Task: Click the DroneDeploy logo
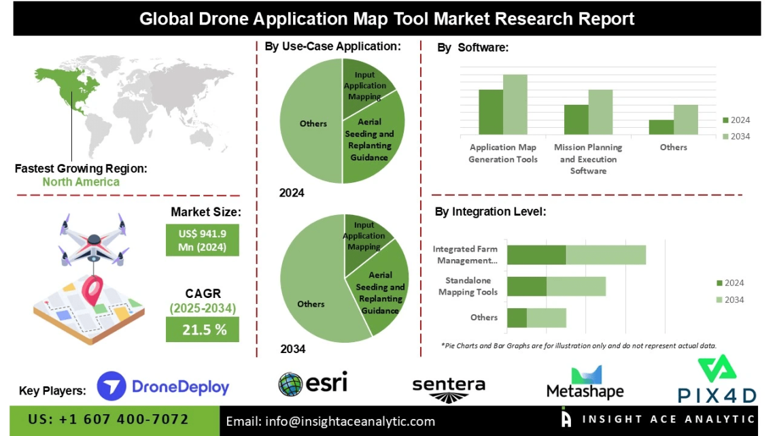[163, 387]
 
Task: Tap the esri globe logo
[313, 384]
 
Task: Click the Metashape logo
[585, 383]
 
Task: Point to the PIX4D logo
[716, 381]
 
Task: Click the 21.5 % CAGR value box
[203, 330]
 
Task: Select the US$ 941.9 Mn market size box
[203, 240]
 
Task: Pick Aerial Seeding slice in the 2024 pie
[373, 139]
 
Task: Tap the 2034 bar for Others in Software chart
[685, 120]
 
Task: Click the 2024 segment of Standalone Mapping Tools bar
[527, 286]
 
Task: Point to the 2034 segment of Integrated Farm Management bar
[605, 255]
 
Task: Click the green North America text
[80, 182]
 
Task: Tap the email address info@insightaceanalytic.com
[330, 422]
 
